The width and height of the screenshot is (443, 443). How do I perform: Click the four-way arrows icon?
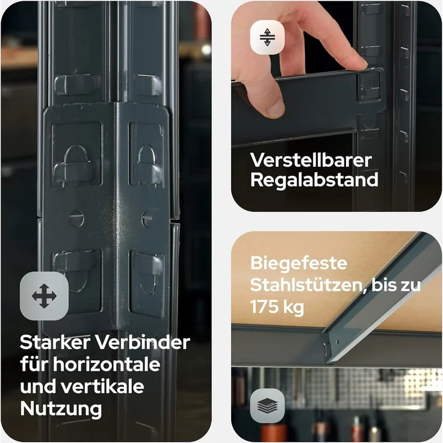(44, 296)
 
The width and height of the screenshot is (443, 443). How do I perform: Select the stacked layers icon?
(267, 405)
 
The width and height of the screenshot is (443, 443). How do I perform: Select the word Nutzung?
(61, 409)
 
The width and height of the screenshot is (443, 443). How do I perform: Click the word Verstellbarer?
(311, 160)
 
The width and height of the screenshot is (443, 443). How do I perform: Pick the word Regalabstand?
(314, 180)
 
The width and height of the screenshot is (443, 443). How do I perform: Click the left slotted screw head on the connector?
(76, 218)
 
